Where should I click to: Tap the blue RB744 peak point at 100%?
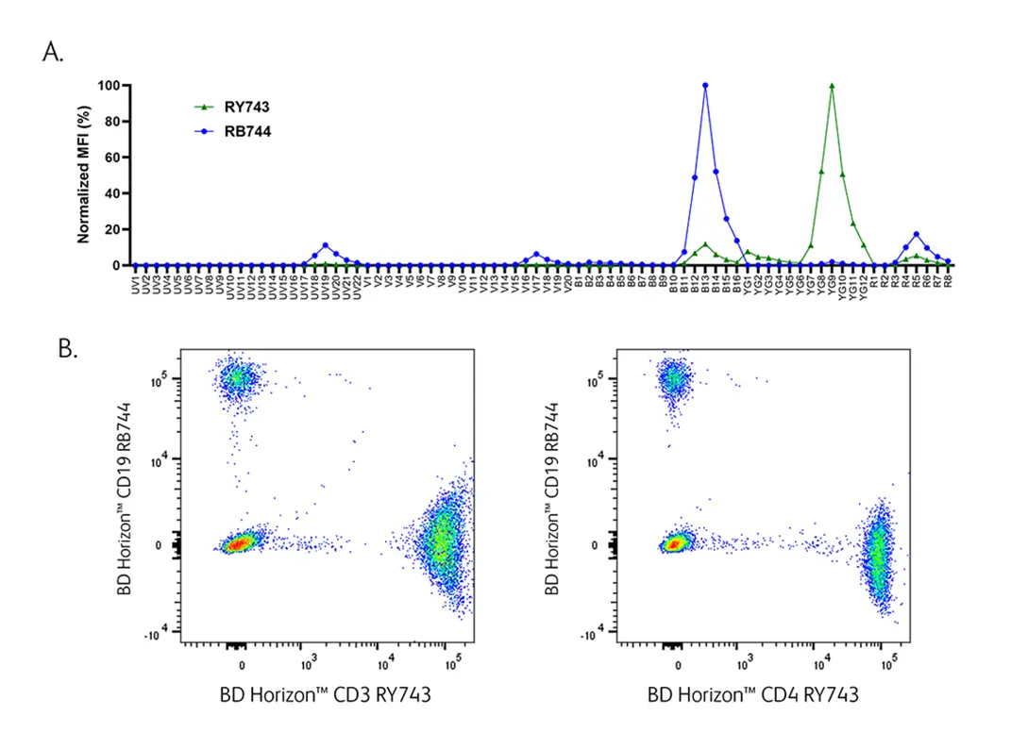705,86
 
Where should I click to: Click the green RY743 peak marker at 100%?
832,86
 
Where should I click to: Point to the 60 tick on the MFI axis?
114,158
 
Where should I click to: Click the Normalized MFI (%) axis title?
84,175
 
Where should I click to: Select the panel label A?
53,53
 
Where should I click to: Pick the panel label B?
67,348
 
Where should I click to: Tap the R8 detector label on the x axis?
948,280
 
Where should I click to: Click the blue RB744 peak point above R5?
916,234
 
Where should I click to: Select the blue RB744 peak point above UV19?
326,245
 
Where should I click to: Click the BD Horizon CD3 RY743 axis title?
326,696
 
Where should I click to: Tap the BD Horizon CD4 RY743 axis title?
752,696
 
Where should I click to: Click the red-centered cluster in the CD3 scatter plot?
240,543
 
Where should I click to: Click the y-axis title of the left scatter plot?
125,498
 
